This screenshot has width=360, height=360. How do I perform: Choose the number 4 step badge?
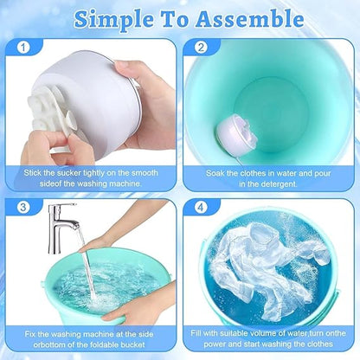pos(201,208)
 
